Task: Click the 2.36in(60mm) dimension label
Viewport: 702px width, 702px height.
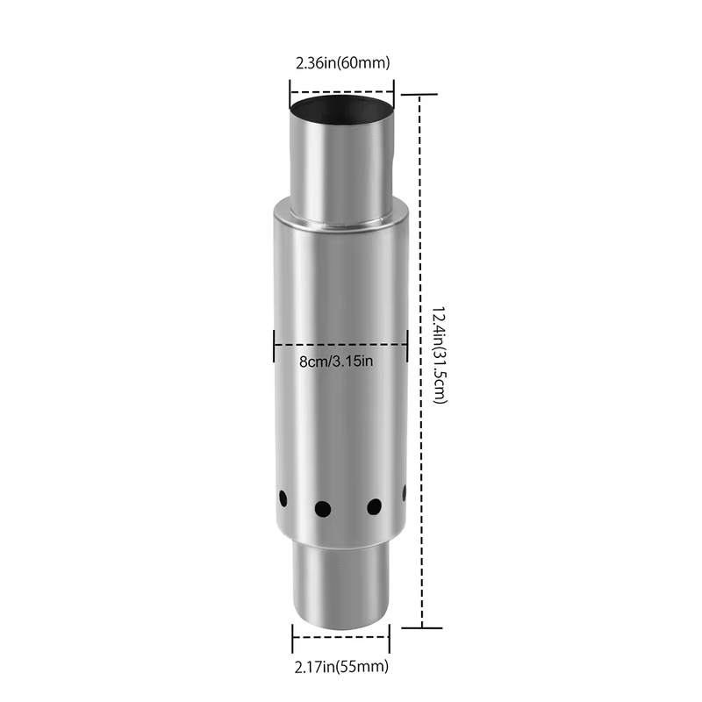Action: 342,62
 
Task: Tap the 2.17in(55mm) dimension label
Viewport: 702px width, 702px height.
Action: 341,667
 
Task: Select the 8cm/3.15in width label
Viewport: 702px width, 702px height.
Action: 336,362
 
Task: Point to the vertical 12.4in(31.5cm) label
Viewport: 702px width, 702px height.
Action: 441,355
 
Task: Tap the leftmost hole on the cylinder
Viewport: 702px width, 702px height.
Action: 283,498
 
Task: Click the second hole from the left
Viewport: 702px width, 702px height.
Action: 323,509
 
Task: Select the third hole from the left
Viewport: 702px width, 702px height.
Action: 375,507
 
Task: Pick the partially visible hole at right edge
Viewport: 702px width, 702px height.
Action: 405,493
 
